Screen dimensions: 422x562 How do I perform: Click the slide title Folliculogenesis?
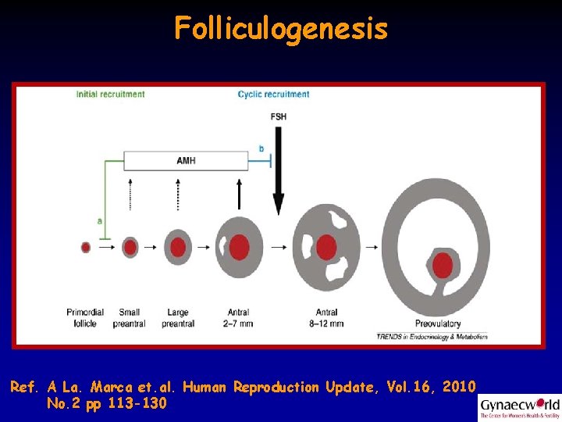coord(281,29)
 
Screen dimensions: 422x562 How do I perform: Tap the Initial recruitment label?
coord(110,95)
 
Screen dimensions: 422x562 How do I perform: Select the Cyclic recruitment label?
coord(273,95)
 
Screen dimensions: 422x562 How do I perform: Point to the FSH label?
coord(278,116)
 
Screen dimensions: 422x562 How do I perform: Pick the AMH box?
coord(186,161)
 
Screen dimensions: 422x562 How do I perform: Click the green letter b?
coord(261,148)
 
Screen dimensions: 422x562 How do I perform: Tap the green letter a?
coord(99,221)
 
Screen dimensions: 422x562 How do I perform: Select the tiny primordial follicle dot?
coord(86,247)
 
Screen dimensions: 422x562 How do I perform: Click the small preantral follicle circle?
coord(130,247)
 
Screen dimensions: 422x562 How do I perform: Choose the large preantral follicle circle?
coord(178,247)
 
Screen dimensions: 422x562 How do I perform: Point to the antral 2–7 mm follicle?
coord(239,247)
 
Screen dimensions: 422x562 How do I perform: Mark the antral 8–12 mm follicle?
coord(327,246)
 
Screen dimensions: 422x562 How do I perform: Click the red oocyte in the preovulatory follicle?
coord(443,265)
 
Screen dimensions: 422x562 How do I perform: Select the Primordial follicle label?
coord(85,317)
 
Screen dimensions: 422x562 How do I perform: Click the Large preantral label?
coord(177,317)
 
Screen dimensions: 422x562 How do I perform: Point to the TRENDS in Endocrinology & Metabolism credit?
coord(432,337)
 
